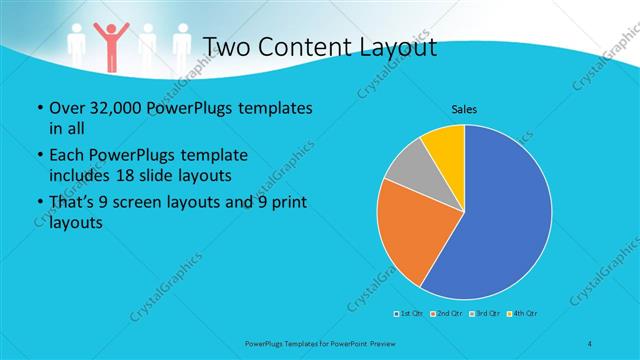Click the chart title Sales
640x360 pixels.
tap(463, 108)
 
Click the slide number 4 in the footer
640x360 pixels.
tap(590, 343)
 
